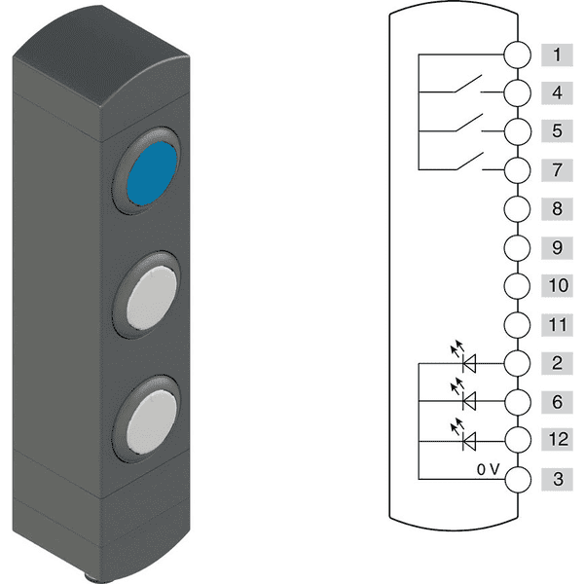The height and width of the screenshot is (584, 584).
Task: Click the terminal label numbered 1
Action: click(557, 55)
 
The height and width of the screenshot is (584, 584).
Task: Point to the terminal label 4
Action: click(557, 93)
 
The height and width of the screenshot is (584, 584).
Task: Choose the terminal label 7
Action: click(557, 170)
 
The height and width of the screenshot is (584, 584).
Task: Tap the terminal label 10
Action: click(557, 285)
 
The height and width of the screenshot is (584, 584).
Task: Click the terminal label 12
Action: click(557, 439)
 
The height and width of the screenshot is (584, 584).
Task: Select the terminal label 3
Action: click(557, 479)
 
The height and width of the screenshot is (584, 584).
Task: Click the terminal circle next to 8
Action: click(518, 209)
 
